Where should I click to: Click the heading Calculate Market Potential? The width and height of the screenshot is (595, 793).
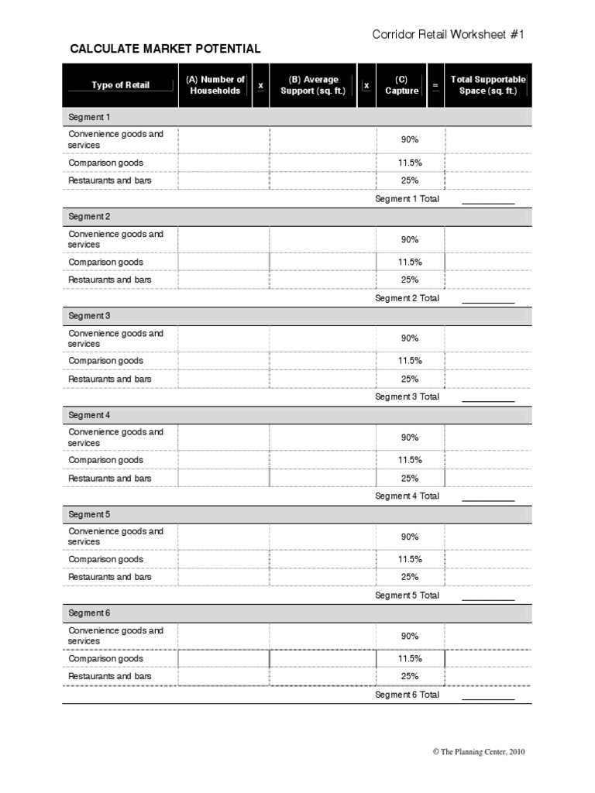tap(165, 49)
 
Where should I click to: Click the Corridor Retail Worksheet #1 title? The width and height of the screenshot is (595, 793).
tap(452, 34)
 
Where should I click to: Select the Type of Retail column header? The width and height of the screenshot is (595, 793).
tap(120, 85)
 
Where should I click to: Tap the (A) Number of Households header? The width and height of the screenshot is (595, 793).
tap(215, 85)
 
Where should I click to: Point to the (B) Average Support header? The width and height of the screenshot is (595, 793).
tap(313, 85)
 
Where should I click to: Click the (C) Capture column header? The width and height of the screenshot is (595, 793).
tap(401, 85)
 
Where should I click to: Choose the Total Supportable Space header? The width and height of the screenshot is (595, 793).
tap(488, 85)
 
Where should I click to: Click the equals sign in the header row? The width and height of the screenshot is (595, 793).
tap(435, 85)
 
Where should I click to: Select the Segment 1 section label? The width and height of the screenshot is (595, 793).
tap(89, 118)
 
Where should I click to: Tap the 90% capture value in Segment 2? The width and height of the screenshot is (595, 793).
tap(410, 239)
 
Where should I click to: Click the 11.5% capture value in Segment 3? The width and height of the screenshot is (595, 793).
tap(410, 361)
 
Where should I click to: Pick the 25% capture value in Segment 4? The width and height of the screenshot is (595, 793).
tap(410, 479)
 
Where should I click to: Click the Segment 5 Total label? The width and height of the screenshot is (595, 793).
tap(407, 596)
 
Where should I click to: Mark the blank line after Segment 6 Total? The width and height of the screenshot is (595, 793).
tap(488, 697)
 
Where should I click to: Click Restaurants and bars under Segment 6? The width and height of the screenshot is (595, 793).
tap(110, 677)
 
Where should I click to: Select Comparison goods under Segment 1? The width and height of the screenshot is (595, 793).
tap(105, 163)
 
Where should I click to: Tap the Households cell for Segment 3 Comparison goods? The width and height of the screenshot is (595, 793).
tap(223, 361)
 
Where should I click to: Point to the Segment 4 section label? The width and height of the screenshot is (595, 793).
tap(89, 415)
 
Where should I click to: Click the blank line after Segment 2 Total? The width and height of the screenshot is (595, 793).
tap(488, 300)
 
